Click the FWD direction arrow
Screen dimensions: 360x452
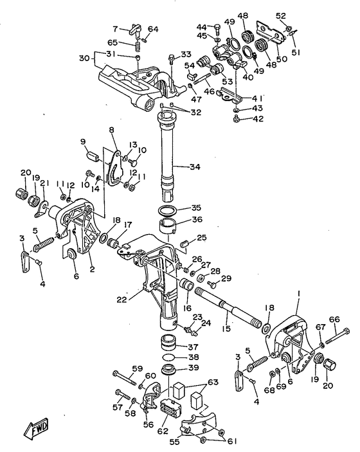coord(36,427)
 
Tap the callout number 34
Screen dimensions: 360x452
coord(195,167)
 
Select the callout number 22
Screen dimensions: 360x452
coord(122,300)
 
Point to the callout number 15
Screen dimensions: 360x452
coord(226,328)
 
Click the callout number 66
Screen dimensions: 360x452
coord(334,320)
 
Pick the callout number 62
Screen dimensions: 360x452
coord(163,431)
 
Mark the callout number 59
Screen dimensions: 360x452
coord(138,368)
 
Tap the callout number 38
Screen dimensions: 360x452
coord(193,357)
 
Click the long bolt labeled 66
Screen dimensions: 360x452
coord(338,336)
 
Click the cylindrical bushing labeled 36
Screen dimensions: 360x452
coord(167,226)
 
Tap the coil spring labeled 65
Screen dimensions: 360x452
coord(138,46)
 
